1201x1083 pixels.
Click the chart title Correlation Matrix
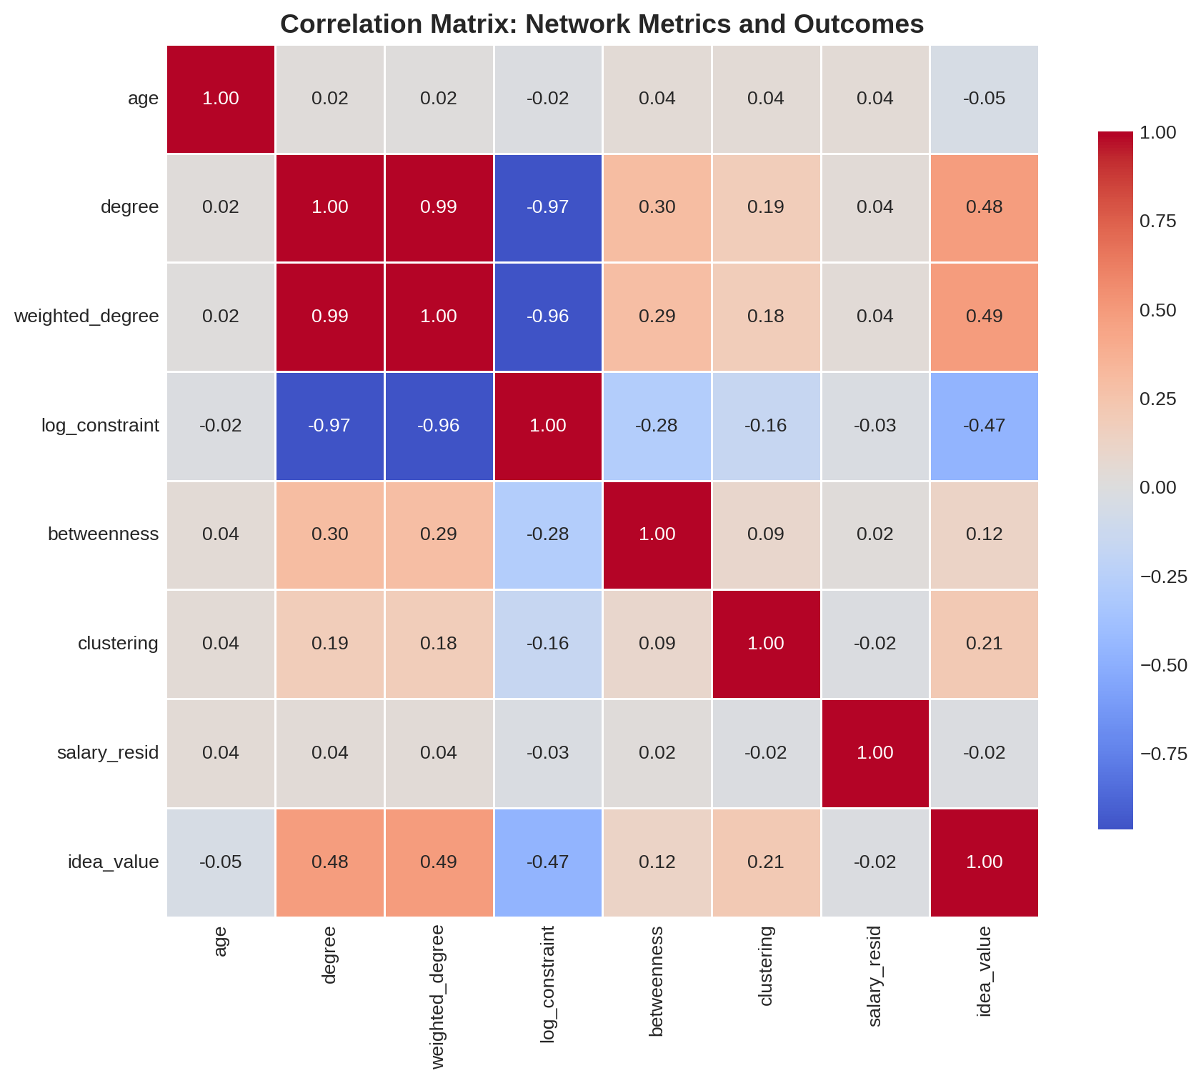click(602, 24)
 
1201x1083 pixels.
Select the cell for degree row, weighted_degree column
click(439, 207)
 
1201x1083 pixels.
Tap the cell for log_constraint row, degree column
click(330, 426)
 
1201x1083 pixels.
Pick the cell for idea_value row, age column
click(221, 862)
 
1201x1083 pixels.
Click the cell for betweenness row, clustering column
click(766, 534)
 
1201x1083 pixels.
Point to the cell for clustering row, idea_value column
click(984, 644)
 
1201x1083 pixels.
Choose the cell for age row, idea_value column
click(984, 99)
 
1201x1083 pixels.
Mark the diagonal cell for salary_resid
click(875, 753)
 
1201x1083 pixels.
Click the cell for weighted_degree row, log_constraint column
click(548, 316)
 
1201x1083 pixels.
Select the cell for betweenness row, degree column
click(330, 534)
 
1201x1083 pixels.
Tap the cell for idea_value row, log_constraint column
click(548, 862)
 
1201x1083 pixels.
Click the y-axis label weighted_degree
click(86, 316)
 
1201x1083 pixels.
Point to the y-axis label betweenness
click(103, 534)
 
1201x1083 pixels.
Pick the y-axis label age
click(143, 99)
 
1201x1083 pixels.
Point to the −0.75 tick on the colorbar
click(1163, 754)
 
